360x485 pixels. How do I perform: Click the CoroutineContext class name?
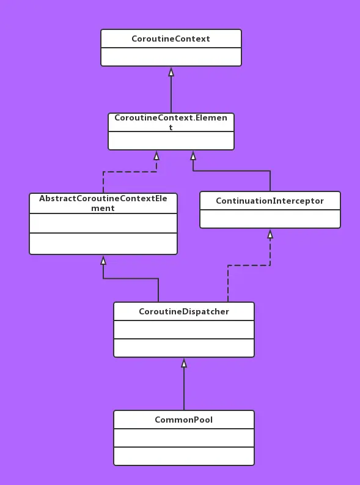click(x=171, y=39)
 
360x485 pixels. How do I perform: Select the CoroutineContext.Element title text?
click(x=171, y=122)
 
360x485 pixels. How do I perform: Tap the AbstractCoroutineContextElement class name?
click(x=103, y=203)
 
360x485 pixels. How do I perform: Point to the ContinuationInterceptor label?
click(x=270, y=201)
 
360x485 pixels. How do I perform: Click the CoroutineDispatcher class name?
click(x=183, y=311)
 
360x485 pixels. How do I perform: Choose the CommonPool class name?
click(x=183, y=420)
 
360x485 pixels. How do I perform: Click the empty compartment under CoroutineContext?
click(x=171, y=57)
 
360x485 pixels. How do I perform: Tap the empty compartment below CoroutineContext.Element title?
click(x=171, y=141)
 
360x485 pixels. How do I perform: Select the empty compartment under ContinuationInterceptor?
click(x=270, y=218)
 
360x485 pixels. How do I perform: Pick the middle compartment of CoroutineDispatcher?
click(x=183, y=330)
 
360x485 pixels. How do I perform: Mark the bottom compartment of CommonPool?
click(x=183, y=456)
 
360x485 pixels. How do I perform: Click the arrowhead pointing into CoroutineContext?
click(x=171, y=72)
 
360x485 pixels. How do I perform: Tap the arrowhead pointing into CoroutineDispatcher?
click(x=184, y=363)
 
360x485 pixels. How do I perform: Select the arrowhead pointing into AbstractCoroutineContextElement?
click(x=103, y=261)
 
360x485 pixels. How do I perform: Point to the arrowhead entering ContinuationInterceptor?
click(x=270, y=234)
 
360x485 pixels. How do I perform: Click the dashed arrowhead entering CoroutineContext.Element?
click(x=156, y=156)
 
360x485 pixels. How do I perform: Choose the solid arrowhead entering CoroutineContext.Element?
click(x=193, y=156)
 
